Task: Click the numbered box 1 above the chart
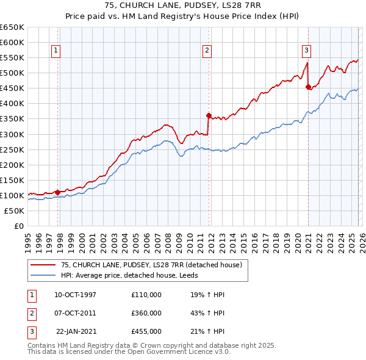tap(56, 51)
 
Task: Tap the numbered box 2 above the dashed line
tap(207, 51)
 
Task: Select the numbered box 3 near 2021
tap(306, 51)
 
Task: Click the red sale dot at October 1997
tap(58, 192)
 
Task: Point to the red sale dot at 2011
tap(209, 115)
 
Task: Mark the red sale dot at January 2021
tap(308, 87)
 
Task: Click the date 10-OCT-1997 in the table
tap(75, 295)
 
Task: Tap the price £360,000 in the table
tap(146, 313)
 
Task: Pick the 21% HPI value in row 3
tap(208, 331)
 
